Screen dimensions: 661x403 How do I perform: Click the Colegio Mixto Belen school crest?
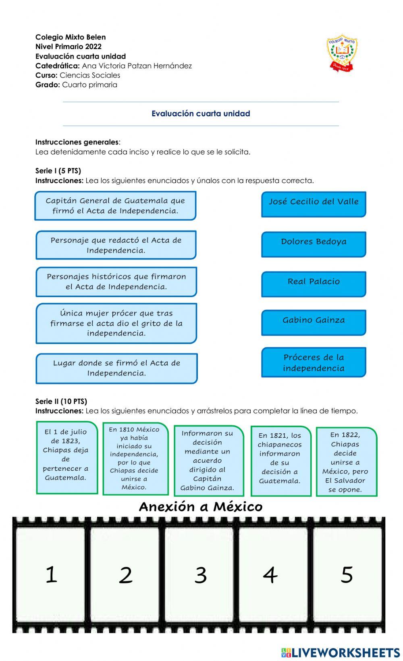342,53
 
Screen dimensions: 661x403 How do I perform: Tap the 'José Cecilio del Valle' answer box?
314,204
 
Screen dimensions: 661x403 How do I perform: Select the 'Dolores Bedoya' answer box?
314,244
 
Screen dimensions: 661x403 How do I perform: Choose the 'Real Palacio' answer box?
314,284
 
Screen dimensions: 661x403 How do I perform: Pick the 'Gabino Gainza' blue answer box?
314,322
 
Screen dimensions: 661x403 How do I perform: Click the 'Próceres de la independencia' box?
314,362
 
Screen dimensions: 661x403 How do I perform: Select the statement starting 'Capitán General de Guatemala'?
115,206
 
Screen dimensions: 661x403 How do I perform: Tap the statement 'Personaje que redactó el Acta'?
116,245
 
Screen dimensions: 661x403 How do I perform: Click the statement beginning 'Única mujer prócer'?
116,323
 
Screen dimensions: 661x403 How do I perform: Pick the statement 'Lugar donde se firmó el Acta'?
116,368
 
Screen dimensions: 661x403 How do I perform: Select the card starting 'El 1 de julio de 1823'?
67,457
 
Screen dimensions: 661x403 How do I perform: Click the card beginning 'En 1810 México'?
135,459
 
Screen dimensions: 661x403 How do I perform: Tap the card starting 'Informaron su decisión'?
208,460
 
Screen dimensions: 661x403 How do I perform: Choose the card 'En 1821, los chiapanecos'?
280,461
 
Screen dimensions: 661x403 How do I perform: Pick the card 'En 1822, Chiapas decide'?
346,461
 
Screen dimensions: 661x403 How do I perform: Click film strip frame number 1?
51,575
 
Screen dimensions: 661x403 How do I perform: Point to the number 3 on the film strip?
201,575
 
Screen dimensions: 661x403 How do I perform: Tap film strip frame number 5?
347,575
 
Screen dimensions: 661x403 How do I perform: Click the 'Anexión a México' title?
201,507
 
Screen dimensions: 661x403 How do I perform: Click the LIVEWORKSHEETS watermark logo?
340,652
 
